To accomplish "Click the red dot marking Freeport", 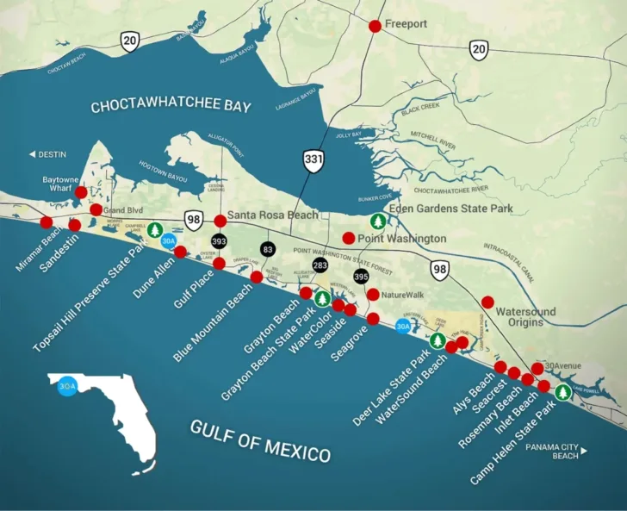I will [x=375, y=26].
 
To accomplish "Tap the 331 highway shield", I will [x=313, y=159].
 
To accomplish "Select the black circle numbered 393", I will [x=219, y=241].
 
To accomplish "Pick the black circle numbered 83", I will [x=268, y=249].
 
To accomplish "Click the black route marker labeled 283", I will [x=320, y=265].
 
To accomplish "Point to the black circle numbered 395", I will [x=361, y=277].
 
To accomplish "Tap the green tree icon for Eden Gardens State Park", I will [x=376, y=221].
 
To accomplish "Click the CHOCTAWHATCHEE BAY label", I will [x=171, y=107].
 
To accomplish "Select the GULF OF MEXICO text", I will [x=260, y=441].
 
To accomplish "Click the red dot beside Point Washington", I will [x=348, y=238].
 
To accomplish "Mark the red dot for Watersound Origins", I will [x=487, y=302].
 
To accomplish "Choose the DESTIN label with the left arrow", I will [x=47, y=154].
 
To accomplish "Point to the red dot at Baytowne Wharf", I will [x=81, y=192].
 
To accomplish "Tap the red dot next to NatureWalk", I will [x=373, y=295].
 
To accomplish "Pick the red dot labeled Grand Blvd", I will [x=96, y=209].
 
